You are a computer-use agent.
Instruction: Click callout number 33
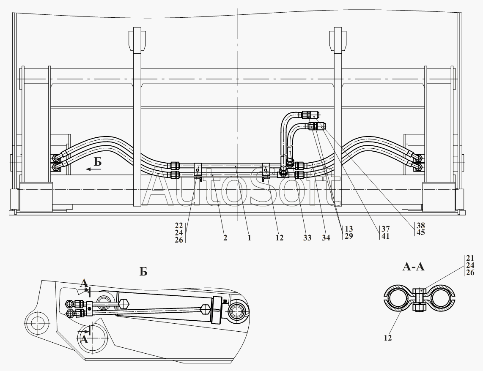[307, 238]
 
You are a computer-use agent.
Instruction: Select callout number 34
[326, 238]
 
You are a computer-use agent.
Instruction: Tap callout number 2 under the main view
[225, 238]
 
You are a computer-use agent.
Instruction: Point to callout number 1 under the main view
[249, 238]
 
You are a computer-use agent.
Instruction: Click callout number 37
[385, 229]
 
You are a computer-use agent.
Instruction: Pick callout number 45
[420, 232]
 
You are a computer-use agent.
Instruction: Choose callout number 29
[349, 236]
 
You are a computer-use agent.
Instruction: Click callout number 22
[179, 226]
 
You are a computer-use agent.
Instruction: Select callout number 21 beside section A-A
[470, 259]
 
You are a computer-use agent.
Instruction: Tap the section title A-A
[413, 267]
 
